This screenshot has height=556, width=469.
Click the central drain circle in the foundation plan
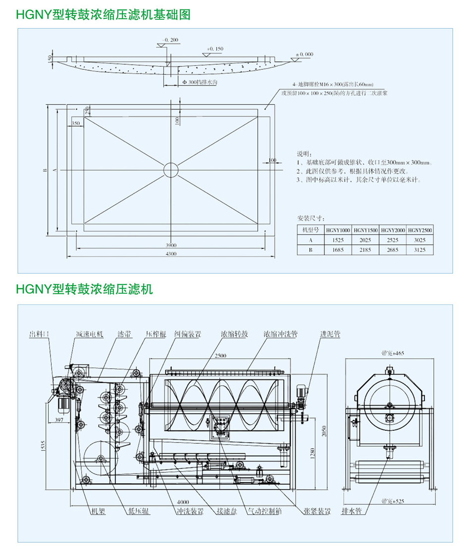tap(170, 169)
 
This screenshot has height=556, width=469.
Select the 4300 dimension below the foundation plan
tap(171, 254)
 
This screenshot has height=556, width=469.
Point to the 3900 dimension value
tap(171, 245)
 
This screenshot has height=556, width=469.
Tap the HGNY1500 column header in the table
tap(365, 230)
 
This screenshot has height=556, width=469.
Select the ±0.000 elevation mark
tap(304, 54)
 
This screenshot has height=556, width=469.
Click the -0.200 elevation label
tap(171, 40)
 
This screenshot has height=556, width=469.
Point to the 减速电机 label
tap(90, 334)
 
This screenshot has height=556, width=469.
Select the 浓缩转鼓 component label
tap(234, 334)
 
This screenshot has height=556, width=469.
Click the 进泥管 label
tap(330, 334)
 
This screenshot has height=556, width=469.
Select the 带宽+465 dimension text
tap(393, 353)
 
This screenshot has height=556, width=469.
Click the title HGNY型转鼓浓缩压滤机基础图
tap(103, 15)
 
